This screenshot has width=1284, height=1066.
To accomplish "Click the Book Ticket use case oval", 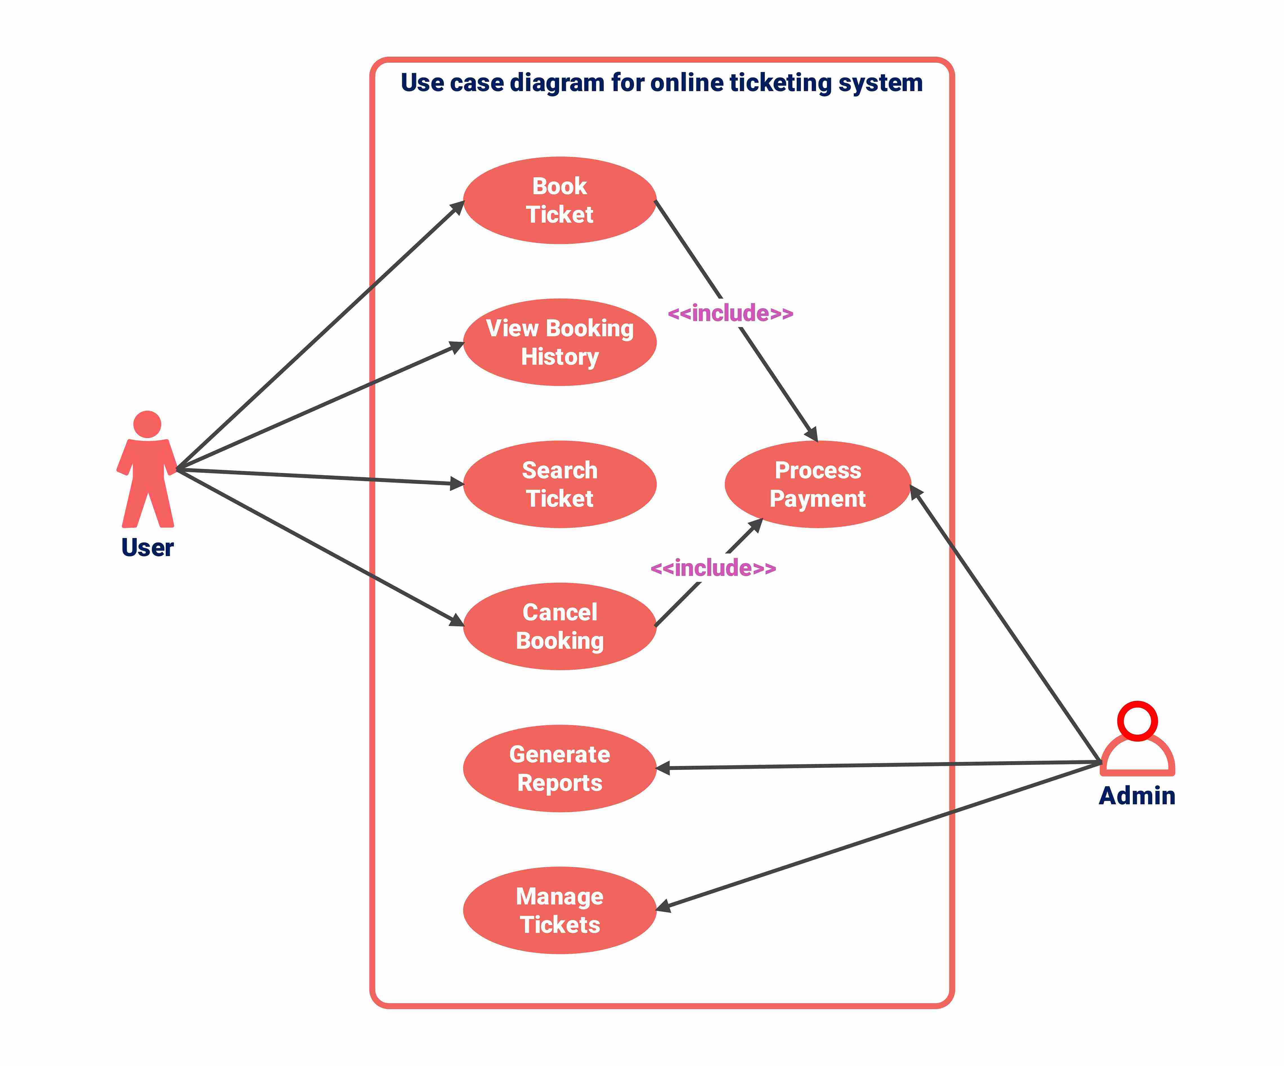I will pyautogui.click(x=559, y=200).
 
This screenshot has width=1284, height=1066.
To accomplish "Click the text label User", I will pyautogui.click(x=147, y=547).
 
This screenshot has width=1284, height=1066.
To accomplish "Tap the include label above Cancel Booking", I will pyautogui.click(x=713, y=568).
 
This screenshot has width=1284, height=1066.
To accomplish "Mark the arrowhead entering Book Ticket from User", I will pyautogui.click(x=457, y=207).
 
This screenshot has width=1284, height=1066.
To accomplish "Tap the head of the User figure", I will pyautogui.click(x=147, y=424).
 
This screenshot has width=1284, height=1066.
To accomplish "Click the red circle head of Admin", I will pyautogui.click(x=1137, y=720).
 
